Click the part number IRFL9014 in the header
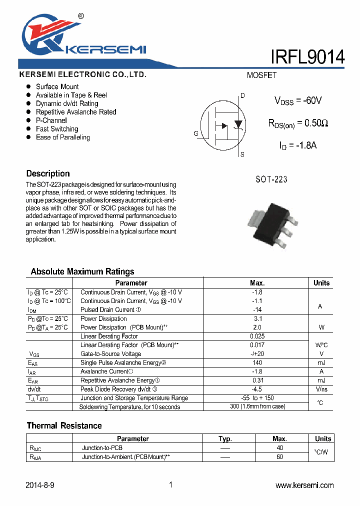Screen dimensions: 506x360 point(307,57)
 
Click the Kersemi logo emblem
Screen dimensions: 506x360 point(42,36)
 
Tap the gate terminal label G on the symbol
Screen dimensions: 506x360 point(196,133)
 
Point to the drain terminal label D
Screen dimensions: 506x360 point(242,95)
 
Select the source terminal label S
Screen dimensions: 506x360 point(242,154)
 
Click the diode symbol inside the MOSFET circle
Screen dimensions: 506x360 point(238,124)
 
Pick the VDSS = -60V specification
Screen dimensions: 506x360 point(298,100)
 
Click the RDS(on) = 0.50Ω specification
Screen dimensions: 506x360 point(298,123)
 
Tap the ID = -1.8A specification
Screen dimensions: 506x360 point(298,145)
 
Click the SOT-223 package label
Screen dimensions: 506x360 point(271,179)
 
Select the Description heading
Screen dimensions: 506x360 point(48,173)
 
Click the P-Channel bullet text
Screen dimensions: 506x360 point(51,120)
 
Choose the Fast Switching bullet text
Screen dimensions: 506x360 point(57,129)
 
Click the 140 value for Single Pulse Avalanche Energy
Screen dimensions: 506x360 point(257,363)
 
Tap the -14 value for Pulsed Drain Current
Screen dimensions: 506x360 point(257,310)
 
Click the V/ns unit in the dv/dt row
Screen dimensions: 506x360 point(321,389)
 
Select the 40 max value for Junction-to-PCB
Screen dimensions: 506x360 point(279,448)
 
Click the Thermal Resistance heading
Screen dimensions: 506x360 point(64,425)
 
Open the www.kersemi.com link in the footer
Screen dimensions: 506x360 point(304,485)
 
